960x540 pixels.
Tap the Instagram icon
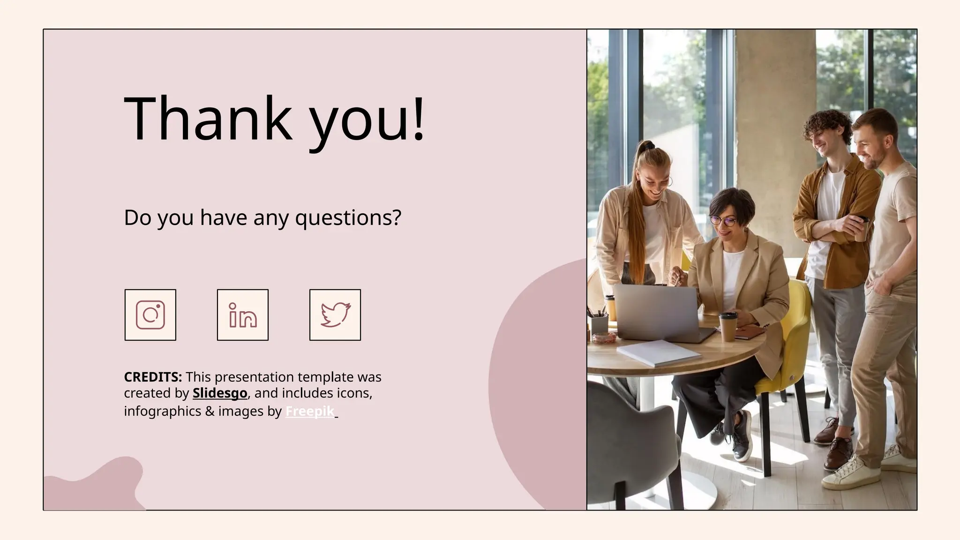pyautogui.click(x=150, y=315)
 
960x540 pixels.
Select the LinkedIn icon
pyautogui.click(x=243, y=315)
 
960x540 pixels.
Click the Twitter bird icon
pyautogui.click(x=335, y=315)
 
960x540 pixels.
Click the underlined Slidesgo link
pyautogui.click(x=220, y=393)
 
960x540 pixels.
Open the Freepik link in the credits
pyautogui.click(x=310, y=411)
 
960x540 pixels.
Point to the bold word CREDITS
pyautogui.click(x=153, y=377)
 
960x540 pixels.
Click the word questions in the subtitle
pyautogui.click(x=348, y=217)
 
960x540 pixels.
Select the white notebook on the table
pyautogui.click(x=659, y=352)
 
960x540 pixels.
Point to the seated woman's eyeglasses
pyautogui.click(x=722, y=219)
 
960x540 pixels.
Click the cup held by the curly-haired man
pyautogui.click(x=862, y=228)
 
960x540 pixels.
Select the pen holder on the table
pyautogui.click(x=599, y=323)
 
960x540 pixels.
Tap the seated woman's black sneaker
pyautogui.click(x=741, y=438)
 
